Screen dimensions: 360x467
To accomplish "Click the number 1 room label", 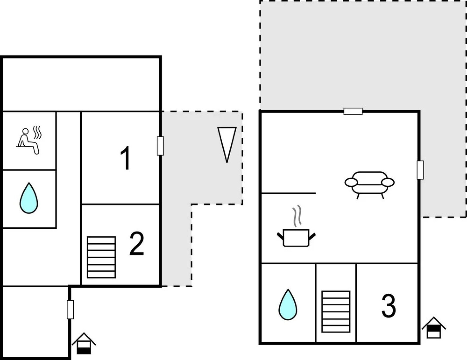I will pyautogui.click(x=125, y=159).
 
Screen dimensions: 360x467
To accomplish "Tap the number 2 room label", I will pyautogui.click(x=137, y=244).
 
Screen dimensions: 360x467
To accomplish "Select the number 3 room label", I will pyautogui.click(x=388, y=306).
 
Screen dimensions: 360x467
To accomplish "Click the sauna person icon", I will pyautogui.click(x=28, y=141).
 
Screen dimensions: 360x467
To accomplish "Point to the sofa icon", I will pyautogui.click(x=369, y=184).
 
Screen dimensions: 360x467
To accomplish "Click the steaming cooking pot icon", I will pyautogui.click(x=296, y=237).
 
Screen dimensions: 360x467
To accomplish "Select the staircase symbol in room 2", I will pyautogui.click(x=101, y=257).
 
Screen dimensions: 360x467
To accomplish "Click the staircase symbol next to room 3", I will pyautogui.click(x=336, y=312).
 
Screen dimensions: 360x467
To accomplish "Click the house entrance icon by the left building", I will pyautogui.click(x=84, y=343).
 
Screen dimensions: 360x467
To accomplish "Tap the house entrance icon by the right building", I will pyautogui.click(x=434, y=327).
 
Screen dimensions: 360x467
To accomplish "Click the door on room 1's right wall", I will pyautogui.click(x=160, y=146).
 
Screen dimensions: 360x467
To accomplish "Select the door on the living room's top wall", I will pyautogui.click(x=353, y=111).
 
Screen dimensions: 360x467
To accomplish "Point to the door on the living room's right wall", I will pyautogui.click(x=420, y=170).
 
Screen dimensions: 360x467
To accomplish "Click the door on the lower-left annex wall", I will pyautogui.click(x=70, y=309).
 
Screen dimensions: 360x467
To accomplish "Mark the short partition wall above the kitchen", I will pyautogui.click(x=288, y=193).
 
